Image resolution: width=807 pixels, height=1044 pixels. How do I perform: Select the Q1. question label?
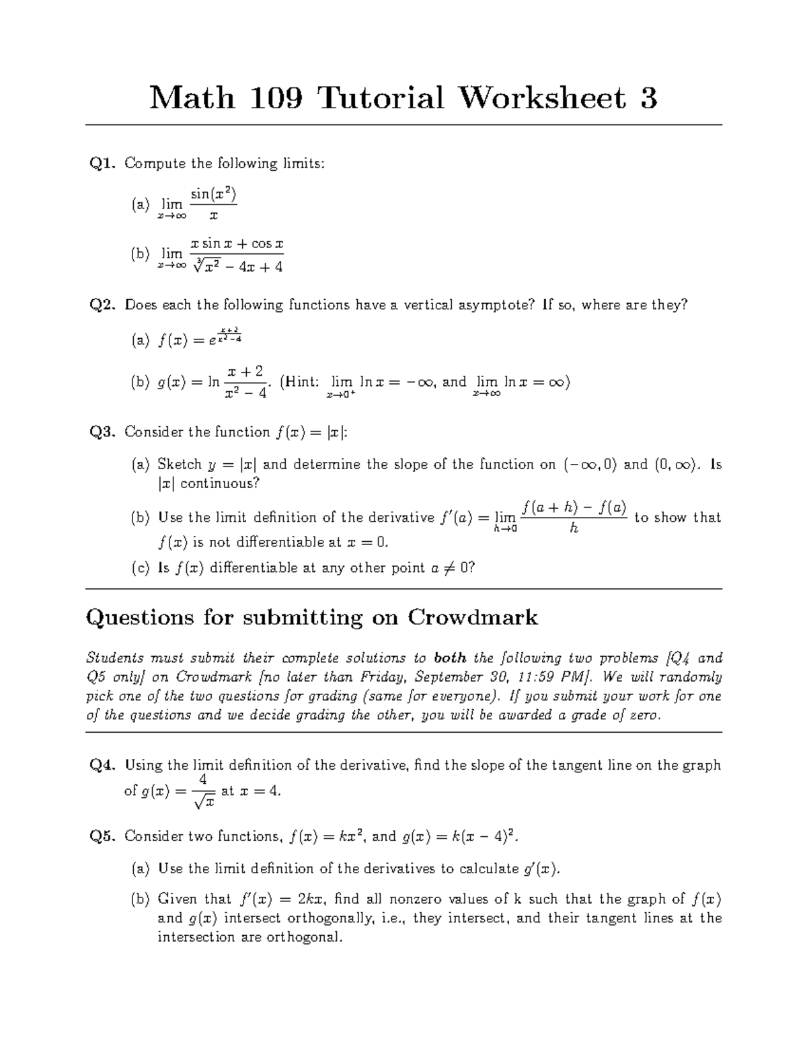tap(104, 163)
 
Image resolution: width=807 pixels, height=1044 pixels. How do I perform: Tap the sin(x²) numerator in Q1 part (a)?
tap(213, 195)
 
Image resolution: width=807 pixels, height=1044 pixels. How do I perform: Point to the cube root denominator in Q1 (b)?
tap(237, 267)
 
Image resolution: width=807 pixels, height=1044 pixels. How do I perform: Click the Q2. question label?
tap(104, 305)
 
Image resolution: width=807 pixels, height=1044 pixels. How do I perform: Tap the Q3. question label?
tap(104, 432)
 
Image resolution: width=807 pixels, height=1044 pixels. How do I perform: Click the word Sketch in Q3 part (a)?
tap(180, 465)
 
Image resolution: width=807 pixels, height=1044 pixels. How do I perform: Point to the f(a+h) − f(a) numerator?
tap(574, 508)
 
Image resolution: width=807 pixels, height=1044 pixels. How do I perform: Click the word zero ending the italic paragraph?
tap(646, 715)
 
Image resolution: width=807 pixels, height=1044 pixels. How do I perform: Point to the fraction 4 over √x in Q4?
tap(203, 791)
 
